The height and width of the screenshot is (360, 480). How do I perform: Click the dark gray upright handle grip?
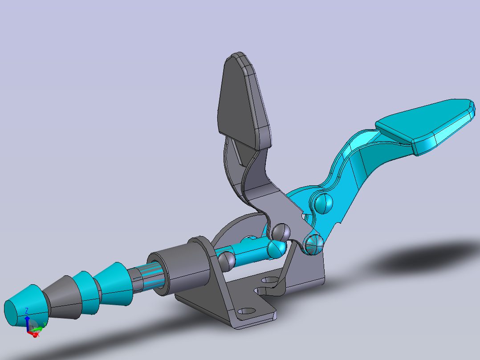point(240,100)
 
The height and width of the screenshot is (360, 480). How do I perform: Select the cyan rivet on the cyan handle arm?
point(323,203)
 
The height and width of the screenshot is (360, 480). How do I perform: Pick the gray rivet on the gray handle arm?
point(281,232)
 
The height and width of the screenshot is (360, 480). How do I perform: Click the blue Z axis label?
point(27,310)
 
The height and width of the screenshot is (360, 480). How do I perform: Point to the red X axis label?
point(37,334)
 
